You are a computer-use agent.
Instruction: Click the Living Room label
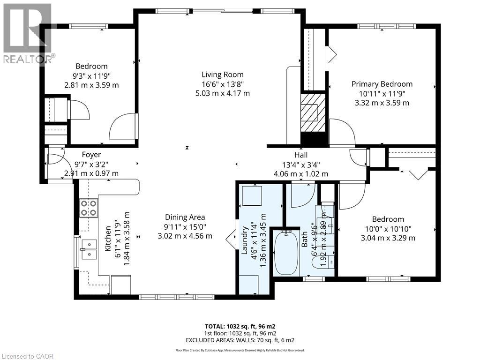[223, 75]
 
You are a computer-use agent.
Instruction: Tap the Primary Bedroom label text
[382, 84]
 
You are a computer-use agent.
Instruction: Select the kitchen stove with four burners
[89, 208]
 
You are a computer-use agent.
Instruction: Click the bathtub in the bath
[286, 253]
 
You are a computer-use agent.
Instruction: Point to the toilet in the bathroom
[323, 261]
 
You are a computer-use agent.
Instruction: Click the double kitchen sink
[89, 249]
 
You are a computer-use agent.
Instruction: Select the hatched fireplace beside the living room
[312, 112]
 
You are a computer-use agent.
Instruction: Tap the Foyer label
[91, 155]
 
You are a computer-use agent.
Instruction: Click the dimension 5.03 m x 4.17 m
[223, 93]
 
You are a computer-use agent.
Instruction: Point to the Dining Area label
[185, 217]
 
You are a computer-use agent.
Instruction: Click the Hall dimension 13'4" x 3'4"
[300, 165]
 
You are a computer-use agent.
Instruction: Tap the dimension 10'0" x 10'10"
[388, 229]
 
